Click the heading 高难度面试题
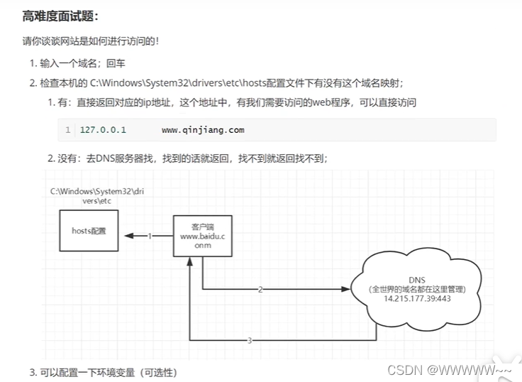60,16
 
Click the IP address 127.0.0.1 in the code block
103,130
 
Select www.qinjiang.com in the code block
203,130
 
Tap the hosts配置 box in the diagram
89,230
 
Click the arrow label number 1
150,236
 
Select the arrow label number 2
260,290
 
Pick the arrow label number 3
249,341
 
